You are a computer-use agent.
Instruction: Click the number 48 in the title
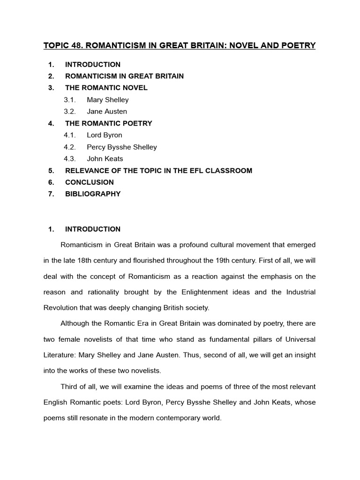[77, 45]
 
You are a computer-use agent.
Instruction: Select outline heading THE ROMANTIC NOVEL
[106, 88]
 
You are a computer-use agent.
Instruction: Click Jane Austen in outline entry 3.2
[107, 112]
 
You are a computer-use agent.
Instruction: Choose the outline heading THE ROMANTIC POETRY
[109, 123]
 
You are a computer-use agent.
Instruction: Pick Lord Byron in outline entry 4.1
[105, 135]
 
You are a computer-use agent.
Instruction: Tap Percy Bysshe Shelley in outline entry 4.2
[122, 147]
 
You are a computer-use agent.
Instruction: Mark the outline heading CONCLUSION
[90, 182]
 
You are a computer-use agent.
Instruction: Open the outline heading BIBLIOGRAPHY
[93, 194]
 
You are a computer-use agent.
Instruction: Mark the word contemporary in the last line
[178, 418]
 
